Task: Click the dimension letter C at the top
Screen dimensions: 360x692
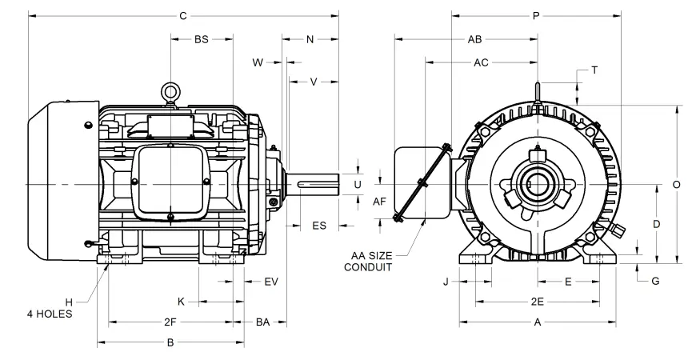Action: coord(183,15)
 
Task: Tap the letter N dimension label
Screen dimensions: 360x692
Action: coord(310,38)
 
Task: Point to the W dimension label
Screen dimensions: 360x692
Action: coord(258,62)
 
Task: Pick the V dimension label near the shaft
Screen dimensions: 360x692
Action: coord(314,81)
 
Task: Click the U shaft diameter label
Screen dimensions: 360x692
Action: coord(358,184)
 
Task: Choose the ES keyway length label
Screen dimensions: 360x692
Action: coord(318,226)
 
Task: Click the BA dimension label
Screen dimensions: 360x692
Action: coord(262,322)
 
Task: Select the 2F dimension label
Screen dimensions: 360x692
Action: coord(170,322)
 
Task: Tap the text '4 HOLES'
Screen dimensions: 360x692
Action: coord(50,314)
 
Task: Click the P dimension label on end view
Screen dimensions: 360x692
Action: coord(535,15)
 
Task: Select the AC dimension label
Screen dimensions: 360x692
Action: coord(482,62)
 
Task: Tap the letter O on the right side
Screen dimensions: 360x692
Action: coord(676,184)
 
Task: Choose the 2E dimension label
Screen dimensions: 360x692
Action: coord(538,302)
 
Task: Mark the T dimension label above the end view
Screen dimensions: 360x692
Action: coord(594,70)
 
